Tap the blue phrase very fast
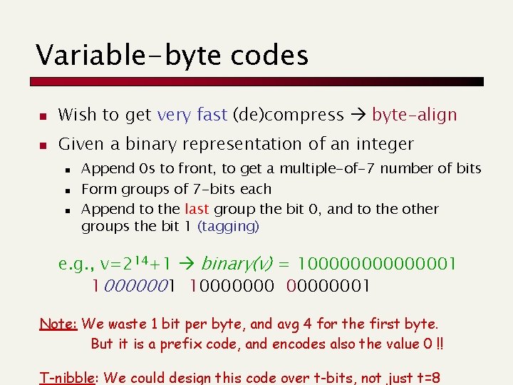click(x=192, y=114)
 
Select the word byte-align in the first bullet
click(x=414, y=114)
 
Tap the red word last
click(x=197, y=209)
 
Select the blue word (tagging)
click(x=229, y=226)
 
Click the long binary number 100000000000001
click(x=377, y=265)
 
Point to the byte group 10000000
click(x=232, y=286)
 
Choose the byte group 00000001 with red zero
click(x=328, y=286)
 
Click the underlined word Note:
click(x=58, y=324)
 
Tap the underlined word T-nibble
click(x=66, y=378)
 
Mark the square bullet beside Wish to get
click(x=42, y=115)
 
